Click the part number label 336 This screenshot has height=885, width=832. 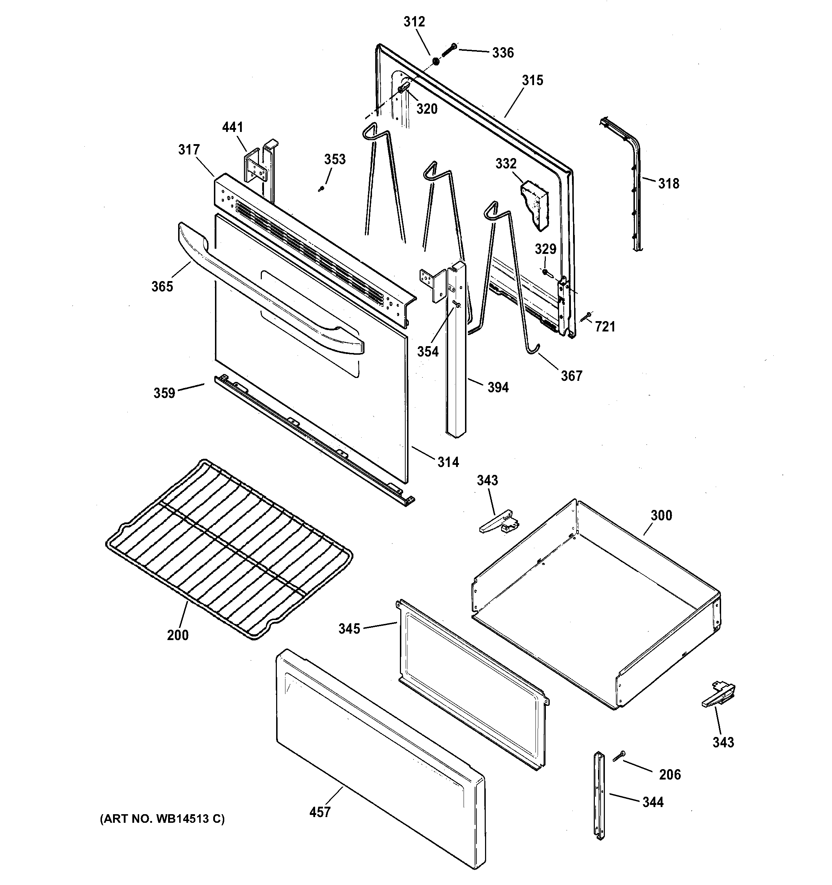point(503,53)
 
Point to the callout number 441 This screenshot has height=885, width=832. point(233,127)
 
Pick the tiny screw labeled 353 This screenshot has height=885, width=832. point(320,190)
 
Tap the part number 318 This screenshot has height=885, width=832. point(669,183)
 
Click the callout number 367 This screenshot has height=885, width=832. point(572,376)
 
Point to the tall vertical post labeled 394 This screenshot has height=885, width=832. point(456,356)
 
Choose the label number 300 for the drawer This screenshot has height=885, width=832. point(661,516)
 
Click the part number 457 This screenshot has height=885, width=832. point(320,812)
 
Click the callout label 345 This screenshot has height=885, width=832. point(349,629)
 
